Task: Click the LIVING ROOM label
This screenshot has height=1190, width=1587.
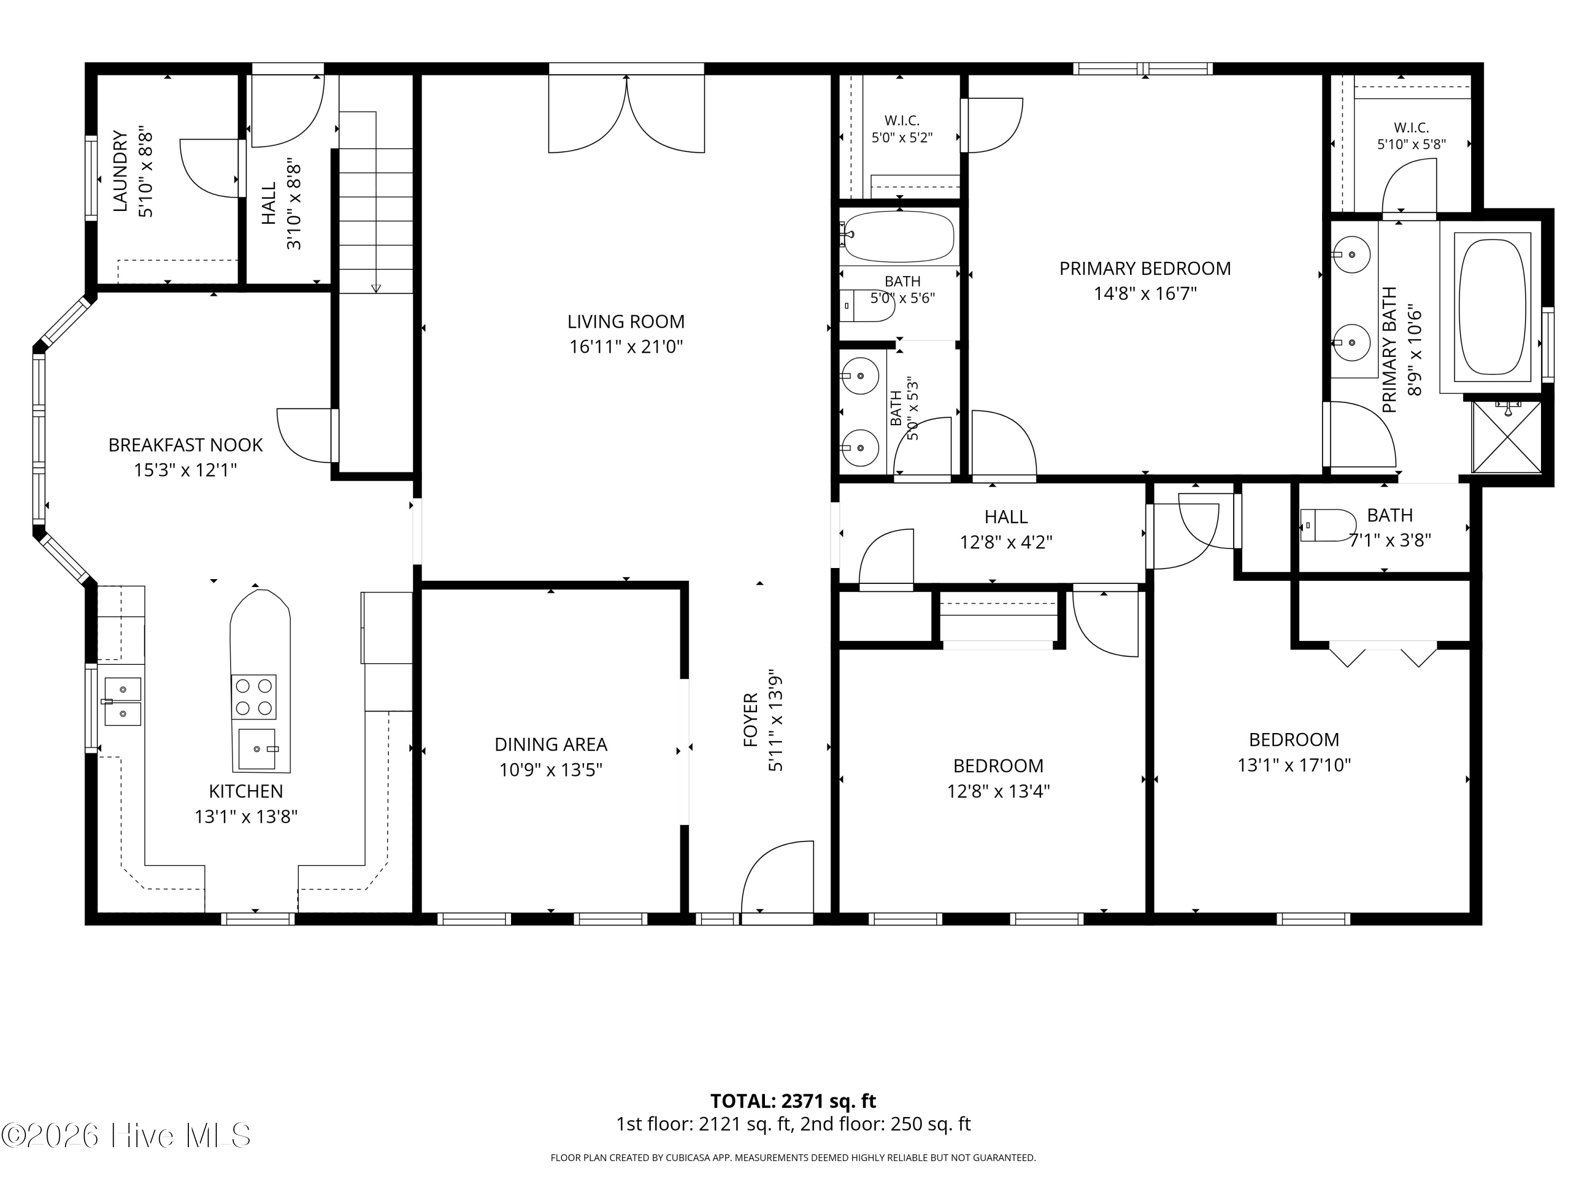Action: click(x=626, y=322)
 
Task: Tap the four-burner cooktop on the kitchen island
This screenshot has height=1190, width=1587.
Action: click(x=253, y=697)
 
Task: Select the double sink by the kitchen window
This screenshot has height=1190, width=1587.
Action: click(x=123, y=701)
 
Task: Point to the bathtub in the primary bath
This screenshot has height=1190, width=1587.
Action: click(x=1493, y=306)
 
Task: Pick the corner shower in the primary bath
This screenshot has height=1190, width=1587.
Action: click(x=1506, y=437)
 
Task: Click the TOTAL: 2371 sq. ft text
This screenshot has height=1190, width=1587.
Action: click(x=793, y=1101)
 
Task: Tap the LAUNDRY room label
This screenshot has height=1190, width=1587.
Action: click(x=121, y=171)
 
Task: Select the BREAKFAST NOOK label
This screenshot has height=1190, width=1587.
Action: click(x=185, y=445)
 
